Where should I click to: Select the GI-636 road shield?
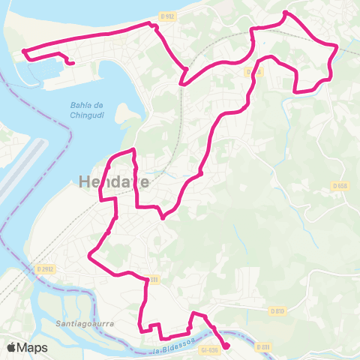click(x=209, y=349)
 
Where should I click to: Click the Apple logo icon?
click(x=13, y=347)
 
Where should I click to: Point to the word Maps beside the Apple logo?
click(x=34, y=347)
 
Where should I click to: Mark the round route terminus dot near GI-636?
click(x=226, y=346)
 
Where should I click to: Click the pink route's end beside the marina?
click(x=71, y=64)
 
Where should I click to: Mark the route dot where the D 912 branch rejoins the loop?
click(x=182, y=84)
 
